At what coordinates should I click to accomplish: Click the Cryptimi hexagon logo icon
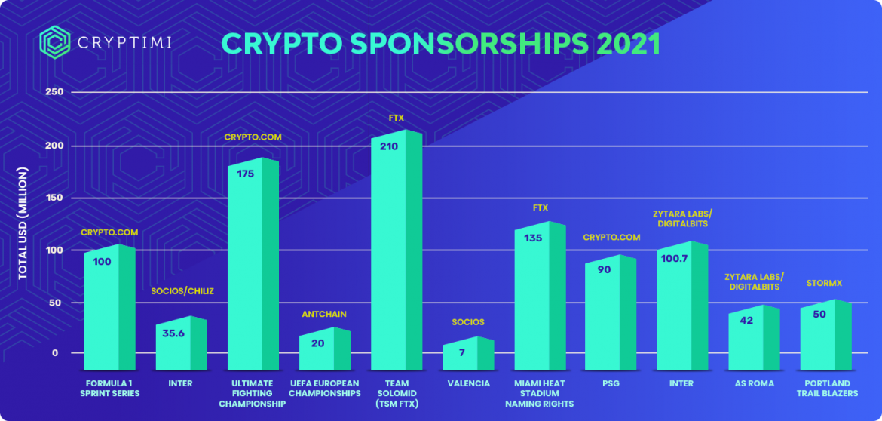click(x=54, y=42)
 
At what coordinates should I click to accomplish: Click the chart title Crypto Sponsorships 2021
click(x=440, y=44)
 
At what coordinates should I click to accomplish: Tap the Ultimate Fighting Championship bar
click(x=253, y=264)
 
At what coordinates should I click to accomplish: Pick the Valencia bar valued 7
click(x=467, y=354)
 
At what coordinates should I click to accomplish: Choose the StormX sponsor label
click(x=824, y=283)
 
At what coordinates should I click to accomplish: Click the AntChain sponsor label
click(x=324, y=314)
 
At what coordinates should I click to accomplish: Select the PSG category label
click(x=611, y=383)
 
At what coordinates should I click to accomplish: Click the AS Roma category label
click(x=754, y=383)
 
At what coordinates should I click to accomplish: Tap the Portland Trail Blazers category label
click(x=827, y=388)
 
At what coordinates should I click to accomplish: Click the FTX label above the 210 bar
click(x=396, y=118)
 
